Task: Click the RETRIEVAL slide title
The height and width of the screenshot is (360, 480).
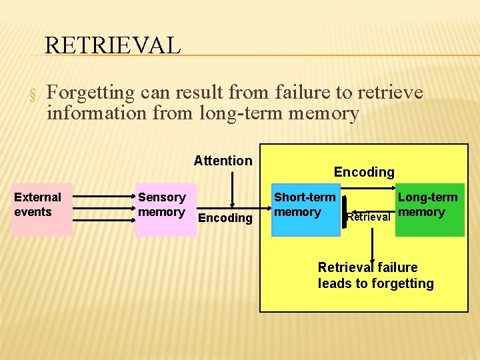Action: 112,45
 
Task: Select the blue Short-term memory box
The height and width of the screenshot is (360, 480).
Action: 306,209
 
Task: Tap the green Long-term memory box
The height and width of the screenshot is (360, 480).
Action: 429,209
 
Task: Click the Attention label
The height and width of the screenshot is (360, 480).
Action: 223,161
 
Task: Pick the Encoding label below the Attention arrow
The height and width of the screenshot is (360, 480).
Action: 226,218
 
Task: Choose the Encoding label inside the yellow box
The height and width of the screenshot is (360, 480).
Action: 364,172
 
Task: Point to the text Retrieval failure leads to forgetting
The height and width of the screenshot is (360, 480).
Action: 375,275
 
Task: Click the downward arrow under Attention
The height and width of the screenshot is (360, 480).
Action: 231,190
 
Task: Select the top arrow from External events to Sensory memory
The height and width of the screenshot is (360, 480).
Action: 103,197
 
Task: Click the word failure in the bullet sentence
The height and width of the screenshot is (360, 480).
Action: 293,92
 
